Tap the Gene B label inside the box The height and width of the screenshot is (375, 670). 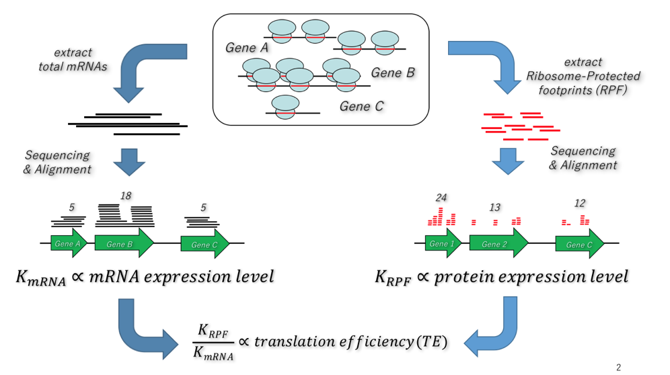[393, 73]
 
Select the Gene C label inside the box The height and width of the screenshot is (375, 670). [361, 106]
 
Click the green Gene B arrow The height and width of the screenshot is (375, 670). [124, 244]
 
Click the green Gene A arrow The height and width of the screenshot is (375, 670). [69, 244]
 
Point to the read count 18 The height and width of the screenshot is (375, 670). [125, 196]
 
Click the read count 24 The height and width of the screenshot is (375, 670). [441, 198]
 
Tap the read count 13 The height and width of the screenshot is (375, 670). [494, 207]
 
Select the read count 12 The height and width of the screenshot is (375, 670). [580, 203]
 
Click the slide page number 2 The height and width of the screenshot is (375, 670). [619, 368]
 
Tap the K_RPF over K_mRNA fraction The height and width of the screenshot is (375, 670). [212, 342]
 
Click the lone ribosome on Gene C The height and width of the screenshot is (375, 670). [286, 107]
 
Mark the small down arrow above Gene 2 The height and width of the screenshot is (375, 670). [508, 160]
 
